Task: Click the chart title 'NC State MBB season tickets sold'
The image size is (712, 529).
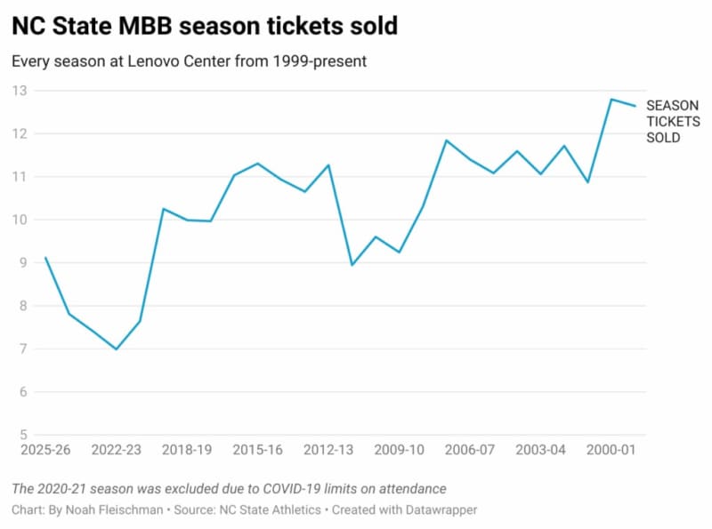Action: coord(205,27)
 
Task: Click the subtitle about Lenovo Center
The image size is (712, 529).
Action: coord(188,62)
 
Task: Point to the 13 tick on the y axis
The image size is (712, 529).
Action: coord(19,91)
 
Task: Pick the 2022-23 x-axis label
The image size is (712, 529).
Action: coord(117,451)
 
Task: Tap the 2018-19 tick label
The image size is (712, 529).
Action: coord(187,451)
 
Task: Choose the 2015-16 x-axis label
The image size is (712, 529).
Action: coord(258,451)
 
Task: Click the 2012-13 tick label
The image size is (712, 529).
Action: coord(328,451)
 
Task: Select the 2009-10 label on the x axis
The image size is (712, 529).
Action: coord(399,451)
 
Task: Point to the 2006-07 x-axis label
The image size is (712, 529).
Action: coord(470,451)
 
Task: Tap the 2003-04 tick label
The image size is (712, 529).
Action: coord(540,451)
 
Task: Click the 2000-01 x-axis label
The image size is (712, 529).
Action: coord(611,451)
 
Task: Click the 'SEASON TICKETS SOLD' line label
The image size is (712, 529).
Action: coord(672,121)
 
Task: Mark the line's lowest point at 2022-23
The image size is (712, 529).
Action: coord(117,349)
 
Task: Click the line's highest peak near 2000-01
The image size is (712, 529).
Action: coord(611,99)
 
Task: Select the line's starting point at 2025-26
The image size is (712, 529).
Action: coord(45,258)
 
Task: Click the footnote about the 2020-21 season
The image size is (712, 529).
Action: coord(229,489)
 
